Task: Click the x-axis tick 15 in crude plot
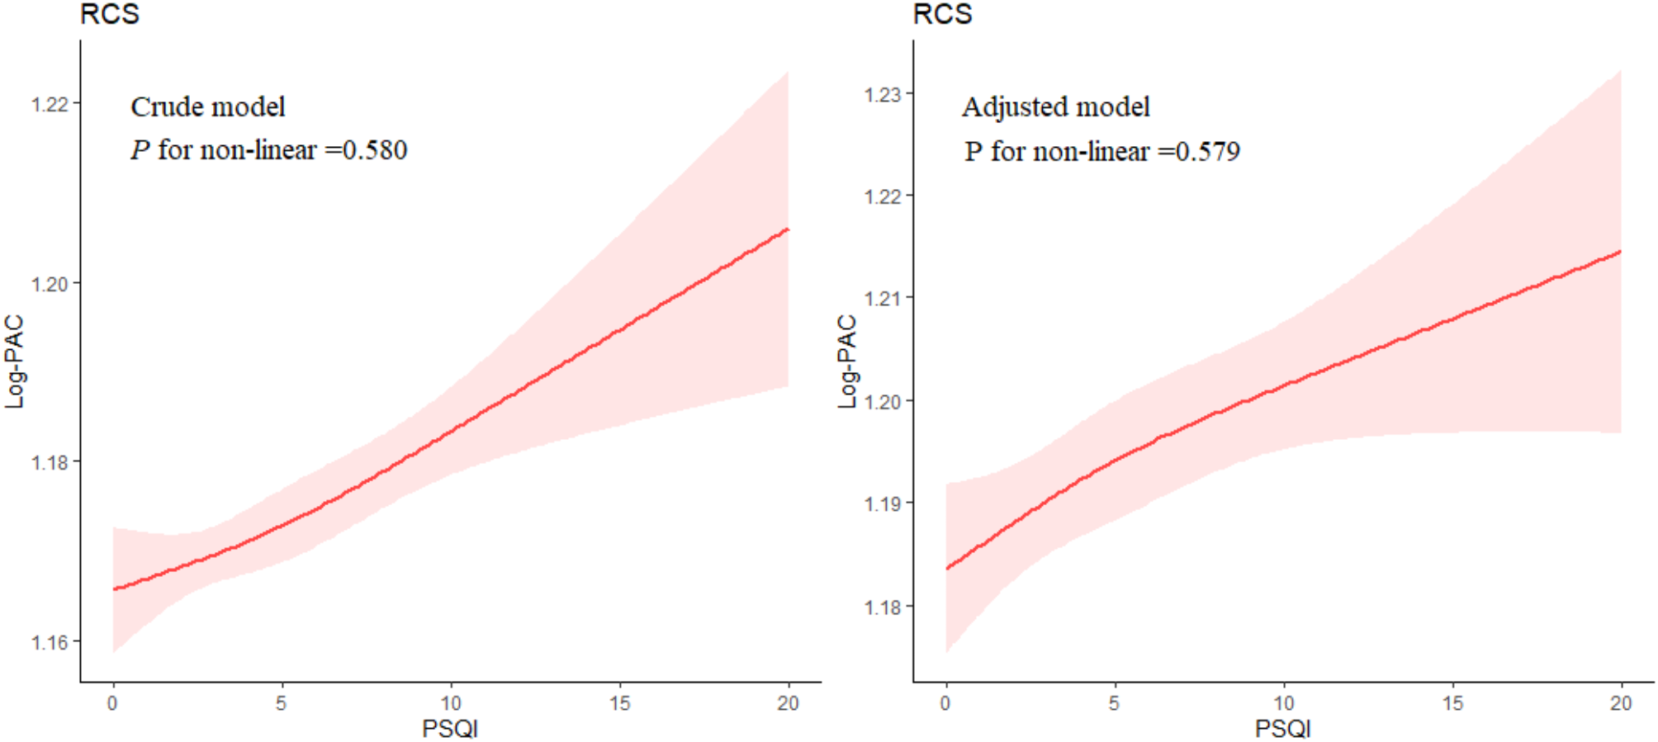[619, 703]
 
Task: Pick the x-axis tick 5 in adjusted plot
[1114, 703]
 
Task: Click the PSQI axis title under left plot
[450, 729]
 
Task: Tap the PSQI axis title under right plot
[1282, 729]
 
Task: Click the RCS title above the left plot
[110, 14]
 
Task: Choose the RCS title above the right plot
[942, 14]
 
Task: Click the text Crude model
[208, 107]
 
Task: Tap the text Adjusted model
[1055, 107]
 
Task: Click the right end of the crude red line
[788, 229]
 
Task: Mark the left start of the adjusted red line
[947, 568]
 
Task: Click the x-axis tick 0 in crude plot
[112, 703]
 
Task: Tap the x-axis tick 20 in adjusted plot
[1621, 703]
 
